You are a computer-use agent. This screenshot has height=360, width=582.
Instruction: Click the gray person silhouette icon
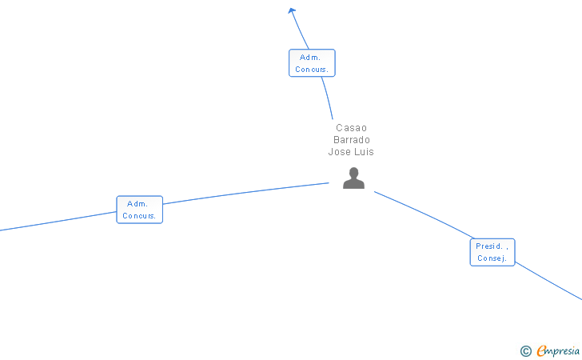click(x=353, y=178)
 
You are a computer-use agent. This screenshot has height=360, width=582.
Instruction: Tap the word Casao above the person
click(x=351, y=128)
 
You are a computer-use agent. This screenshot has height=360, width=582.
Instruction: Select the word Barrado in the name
click(x=351, y=140)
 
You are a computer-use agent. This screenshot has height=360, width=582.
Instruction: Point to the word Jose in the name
click(x=340, y=152)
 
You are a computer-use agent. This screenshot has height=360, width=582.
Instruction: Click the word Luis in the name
click(x=364, y=152)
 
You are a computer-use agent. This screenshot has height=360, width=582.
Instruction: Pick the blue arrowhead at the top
click(x=293, y=10)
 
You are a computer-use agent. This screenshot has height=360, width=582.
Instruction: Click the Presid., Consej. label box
click(x=492, y=252)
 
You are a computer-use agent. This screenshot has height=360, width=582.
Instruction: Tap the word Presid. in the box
click(x=489, y=246)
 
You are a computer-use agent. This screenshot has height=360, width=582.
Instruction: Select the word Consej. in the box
click(x=492, y=258)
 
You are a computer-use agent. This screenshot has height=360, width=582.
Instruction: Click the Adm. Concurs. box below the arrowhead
click(x=312, y=63)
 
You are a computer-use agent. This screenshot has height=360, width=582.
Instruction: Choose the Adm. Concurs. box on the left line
click(x=139, y=210)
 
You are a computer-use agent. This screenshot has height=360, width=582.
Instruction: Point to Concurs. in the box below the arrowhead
click(x=312, y=70)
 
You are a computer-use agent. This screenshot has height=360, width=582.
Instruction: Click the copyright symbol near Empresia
click(x=525, y=350)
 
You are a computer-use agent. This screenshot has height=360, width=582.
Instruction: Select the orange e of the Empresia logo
click(x=542, y=350)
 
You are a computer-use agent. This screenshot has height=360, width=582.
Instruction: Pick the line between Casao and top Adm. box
click(x=327, y=98)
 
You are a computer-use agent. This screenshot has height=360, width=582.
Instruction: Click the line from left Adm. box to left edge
click(x=56, y=222)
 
